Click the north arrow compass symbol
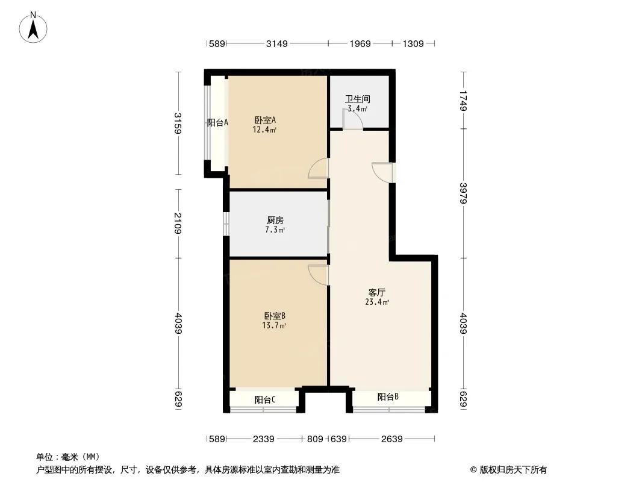tap(33, 28)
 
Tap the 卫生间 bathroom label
tap(358, 99)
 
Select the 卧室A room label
tap(266, 120)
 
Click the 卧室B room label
tap(274, 316)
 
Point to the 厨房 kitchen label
tap(275, 221)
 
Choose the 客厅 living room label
tap(376, 292)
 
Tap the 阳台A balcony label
tap(217, 122)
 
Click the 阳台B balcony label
tap(388, 397)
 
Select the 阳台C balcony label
tap(265, 399)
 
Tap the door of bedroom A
tap(319, 168)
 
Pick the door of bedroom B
tap(319, 275)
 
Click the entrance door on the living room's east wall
tap(382, 172)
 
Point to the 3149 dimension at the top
tap(277, 44)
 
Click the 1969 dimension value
tap(360, 44)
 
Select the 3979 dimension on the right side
tap(463, 193)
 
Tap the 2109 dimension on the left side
tap(178, 223)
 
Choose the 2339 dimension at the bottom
tap(263, 439)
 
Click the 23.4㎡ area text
tap(377, 302)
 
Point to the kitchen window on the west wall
tap(226, 224)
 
